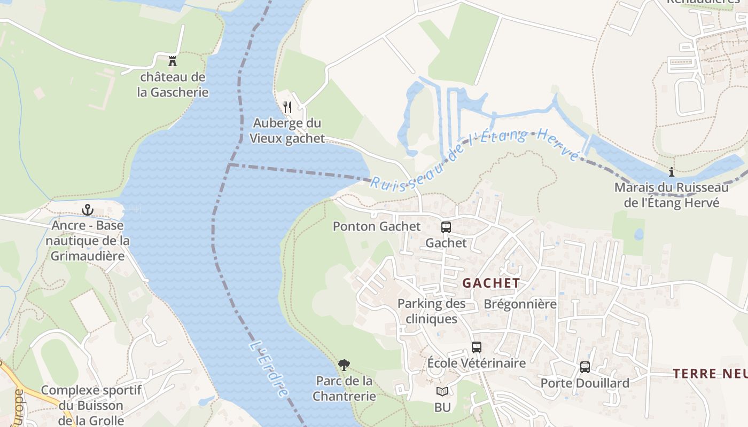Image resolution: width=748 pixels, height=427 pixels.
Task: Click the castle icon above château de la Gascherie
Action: click(173, 61)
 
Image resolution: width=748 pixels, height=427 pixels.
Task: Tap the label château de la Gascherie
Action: click(173, 84)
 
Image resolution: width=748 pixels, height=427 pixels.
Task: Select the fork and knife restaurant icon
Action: click(287, 107)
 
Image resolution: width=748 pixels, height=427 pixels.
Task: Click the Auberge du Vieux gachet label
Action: click(287, 131)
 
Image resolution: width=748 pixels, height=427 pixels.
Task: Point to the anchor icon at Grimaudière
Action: click(88, 210)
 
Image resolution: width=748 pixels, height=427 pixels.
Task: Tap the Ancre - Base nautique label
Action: click(88, 240)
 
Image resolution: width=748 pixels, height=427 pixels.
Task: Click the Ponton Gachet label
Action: click(377, 226)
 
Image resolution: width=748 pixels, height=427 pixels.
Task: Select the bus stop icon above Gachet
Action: click(446, 227)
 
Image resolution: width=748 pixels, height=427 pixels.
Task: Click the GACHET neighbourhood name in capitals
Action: click(491, 283)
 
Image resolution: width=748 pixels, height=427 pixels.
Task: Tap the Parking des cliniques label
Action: click(432, 311)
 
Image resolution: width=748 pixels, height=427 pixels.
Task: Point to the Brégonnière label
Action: click(520, 304)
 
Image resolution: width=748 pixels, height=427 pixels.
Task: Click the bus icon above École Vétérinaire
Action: click(477, 347)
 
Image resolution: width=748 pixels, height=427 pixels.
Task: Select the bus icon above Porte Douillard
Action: click(585, 367)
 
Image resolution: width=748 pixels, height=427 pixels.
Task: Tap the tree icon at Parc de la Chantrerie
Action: click(344, 365)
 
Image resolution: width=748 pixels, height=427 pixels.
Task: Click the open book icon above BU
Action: click(442, 392)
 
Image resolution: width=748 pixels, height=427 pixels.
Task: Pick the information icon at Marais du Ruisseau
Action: click(672, 172)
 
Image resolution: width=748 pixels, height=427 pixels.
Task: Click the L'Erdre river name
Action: click(270, 368)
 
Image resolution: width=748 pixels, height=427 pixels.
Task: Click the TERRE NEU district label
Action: click(710, 374)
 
